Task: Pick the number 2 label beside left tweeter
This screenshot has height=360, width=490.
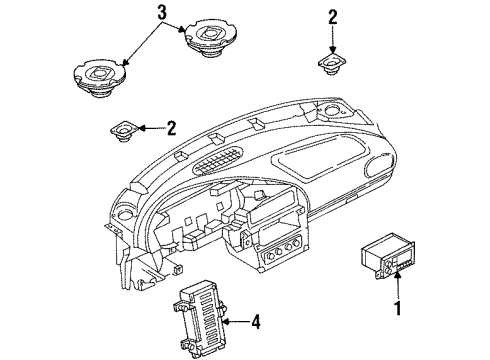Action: click(171, 127)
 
